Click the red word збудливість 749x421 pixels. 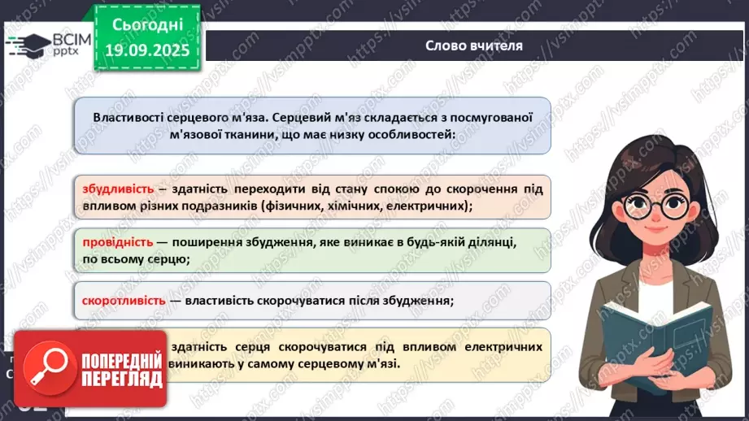pyautogui.click(x=118, y=189)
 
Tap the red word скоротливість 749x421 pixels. pyautogui.click(x=124, y=301)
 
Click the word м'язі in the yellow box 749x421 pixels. pyautogui.click(x=381, y=363)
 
